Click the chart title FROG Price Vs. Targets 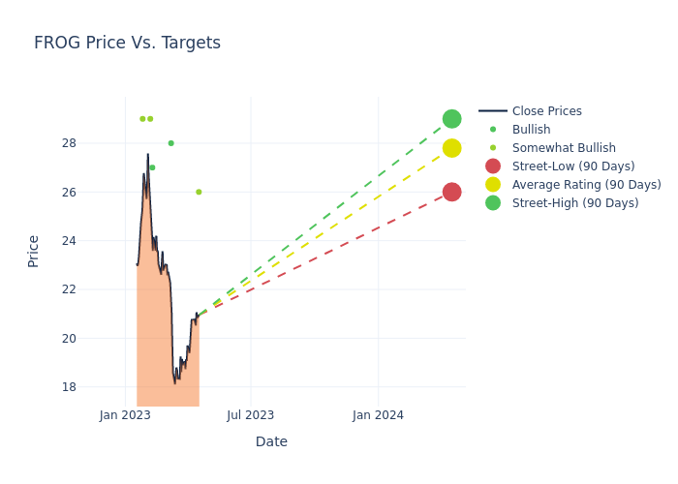coord(127,43)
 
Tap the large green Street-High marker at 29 coord(451,119)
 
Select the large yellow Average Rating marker coord(451,148)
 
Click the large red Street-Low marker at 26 coord(451,192)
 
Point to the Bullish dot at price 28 coord(170,143)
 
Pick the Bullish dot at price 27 coord(152,167)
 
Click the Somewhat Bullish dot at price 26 coord(199,192)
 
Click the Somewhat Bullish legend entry coord(564,148)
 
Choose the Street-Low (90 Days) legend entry coord(573,166)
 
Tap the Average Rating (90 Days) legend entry coord(586,185)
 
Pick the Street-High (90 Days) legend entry coord(575,203)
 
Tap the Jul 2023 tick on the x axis coord(251,415)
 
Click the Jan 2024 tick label coord(378,415)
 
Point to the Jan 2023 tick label coord(125,415)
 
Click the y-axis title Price coord(34,251)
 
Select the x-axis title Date coord(271,441)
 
